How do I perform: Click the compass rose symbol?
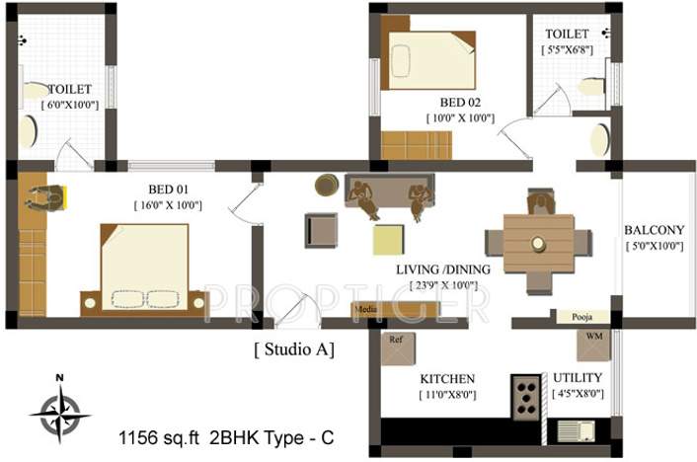(59, 410)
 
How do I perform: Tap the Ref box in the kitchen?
(397, 348)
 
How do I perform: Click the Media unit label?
(365, 309)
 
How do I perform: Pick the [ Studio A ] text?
(294, 348)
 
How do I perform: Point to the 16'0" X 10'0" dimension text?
(168, 204)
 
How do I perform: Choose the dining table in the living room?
(538, 243)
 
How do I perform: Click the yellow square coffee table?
(389, 240)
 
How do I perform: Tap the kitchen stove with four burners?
(525, 397)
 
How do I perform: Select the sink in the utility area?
(574, 429)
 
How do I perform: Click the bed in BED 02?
(430, 62)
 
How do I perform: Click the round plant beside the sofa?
(327, 185)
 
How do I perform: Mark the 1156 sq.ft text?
(156, 435)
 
